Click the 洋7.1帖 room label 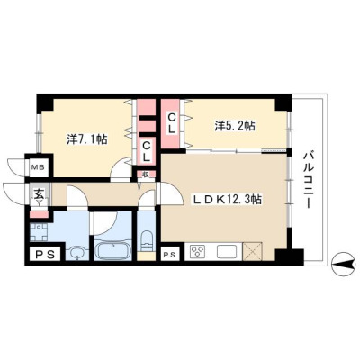(87, 139)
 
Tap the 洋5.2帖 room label (235, 126)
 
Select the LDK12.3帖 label (227, 200)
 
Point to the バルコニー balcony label (308, 181)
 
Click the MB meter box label (39, 167)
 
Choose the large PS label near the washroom (46, 255)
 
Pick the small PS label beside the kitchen (170, 255)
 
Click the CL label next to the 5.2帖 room (171, 123)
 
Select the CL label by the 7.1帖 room (146, 152)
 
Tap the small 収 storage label (146, 175)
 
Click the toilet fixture (147, 240)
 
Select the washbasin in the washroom (78, 253)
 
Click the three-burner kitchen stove (197, 251)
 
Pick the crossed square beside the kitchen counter (253, 251)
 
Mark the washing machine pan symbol (39, 233)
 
